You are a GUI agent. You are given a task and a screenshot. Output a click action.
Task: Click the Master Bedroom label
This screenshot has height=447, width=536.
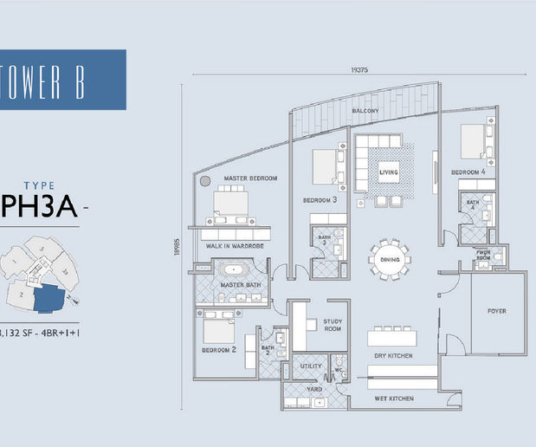tap(250, 178)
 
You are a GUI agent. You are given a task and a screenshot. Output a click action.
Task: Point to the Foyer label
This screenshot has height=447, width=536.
tap(496, 311)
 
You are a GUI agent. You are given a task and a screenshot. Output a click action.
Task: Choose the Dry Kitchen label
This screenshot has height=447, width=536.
tap(392, 356)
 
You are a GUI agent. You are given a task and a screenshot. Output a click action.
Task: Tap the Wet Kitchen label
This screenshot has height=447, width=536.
tap(392, 398)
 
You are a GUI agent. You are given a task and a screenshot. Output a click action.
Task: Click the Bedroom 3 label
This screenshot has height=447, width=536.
tap(320, 200)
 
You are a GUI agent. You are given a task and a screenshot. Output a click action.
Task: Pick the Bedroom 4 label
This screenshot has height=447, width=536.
tap(468, 172)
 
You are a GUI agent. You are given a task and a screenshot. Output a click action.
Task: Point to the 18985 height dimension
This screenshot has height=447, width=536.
tap(176, 247)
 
